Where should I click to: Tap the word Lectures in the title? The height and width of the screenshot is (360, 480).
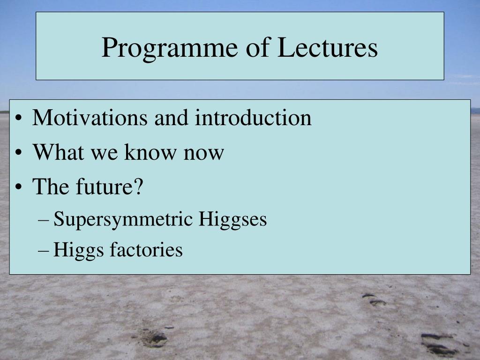pyautogui.click(x=328, y=47)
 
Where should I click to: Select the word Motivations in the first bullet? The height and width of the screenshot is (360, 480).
pyautogui.click(x=90, y=118)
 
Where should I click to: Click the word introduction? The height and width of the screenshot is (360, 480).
pyautogui.click(x=254, y=118)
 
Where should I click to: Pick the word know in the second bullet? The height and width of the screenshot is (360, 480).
pyautogui.click(x=150, y=152)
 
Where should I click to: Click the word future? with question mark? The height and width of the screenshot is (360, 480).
pyautogui.click(x=110, y=186)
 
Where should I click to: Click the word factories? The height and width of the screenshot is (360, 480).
pyautogui.click(x=146, y=249)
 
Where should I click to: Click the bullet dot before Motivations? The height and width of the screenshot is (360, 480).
pyautogui.click(x=19, y=118)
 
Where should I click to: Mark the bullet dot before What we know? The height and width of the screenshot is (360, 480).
pyautogui.click(x=19, y=152)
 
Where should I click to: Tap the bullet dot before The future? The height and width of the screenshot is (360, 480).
pyautogui.click(x=19, y=187)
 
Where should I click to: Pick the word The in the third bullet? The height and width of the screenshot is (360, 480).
pyautogui.click(x=51, y=186)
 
